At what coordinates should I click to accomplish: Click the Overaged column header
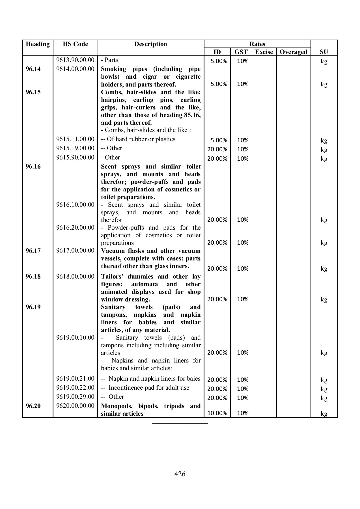293,52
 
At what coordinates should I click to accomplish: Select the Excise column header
264,52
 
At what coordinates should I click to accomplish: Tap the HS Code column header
75,44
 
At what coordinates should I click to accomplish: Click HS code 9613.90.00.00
75,60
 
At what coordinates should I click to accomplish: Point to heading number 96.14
33,69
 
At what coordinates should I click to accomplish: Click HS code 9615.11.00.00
75,139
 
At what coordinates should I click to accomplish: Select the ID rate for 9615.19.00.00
217,149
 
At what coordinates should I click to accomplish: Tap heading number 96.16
33,167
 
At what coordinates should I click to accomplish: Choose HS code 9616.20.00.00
75,228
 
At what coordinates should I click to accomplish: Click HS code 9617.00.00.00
75,251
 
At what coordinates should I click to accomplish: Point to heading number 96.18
33,277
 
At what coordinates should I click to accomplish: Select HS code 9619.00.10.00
75,338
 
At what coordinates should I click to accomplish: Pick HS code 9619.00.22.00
75,388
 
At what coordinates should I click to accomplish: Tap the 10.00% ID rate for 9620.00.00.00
217,413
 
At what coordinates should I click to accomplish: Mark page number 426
180,474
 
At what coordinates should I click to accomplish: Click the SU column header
324,52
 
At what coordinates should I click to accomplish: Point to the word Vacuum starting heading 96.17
113,251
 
